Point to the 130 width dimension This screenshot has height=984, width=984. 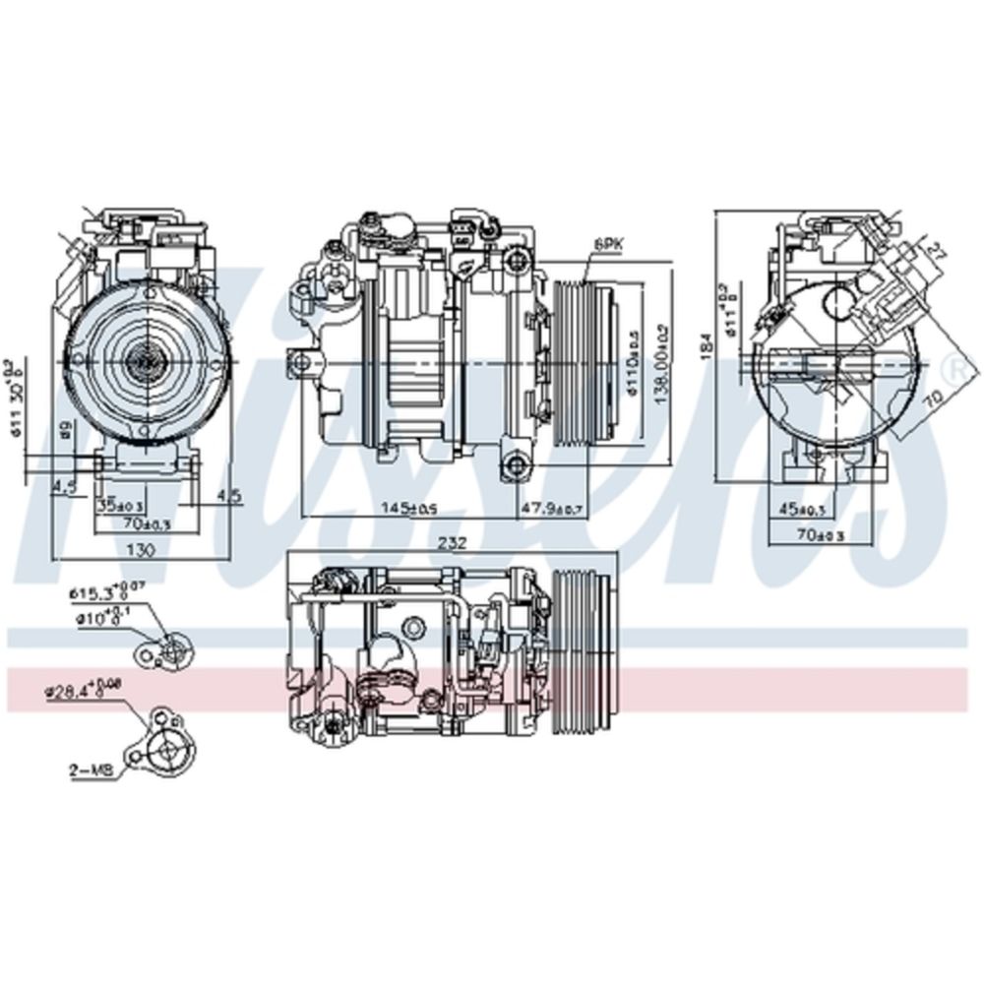[x=144, y=549]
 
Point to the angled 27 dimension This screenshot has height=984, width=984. [x=935, y=252]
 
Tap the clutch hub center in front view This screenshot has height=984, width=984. [x=145, y=361]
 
